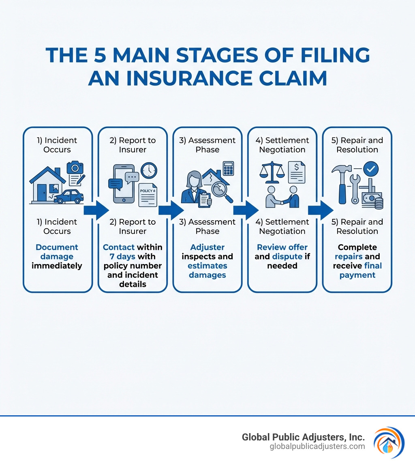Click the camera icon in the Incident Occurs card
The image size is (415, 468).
coord(75,167)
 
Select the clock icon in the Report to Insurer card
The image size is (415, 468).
coord(149,170)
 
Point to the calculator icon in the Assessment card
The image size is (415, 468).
coord(228,168)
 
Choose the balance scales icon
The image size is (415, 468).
coord(272,171)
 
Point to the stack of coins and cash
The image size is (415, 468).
coord(373,201)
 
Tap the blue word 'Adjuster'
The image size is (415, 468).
coord(207,247)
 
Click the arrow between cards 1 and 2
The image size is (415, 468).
coord(96,210)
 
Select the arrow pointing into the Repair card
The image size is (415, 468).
coord(320,210)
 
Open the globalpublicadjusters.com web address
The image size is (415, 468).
coord(317,447)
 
